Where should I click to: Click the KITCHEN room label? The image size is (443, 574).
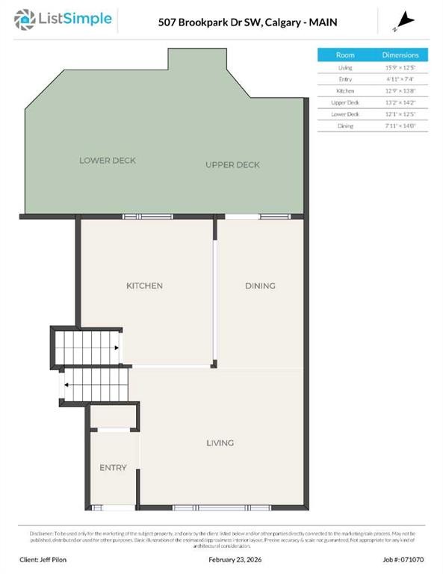click(144, 286)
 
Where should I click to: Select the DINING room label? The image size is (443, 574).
click(260, 286)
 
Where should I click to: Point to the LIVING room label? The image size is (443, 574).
click(220, 443)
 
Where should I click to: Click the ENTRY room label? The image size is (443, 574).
click(113, 468)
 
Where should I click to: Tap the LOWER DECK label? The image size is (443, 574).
click(108, 161)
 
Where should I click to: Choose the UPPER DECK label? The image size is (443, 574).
click(232, 164)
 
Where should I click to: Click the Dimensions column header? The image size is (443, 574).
click(400, 55)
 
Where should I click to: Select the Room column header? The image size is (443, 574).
click(345, 55)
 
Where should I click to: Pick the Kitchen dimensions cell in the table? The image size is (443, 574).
click(400, 90)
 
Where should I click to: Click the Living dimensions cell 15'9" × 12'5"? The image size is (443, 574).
click(400, 67)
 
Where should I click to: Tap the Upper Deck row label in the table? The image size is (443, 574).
click(345, 102)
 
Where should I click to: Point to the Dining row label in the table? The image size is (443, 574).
click(345, 126)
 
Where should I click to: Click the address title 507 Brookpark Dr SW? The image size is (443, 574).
click(212, 22)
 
